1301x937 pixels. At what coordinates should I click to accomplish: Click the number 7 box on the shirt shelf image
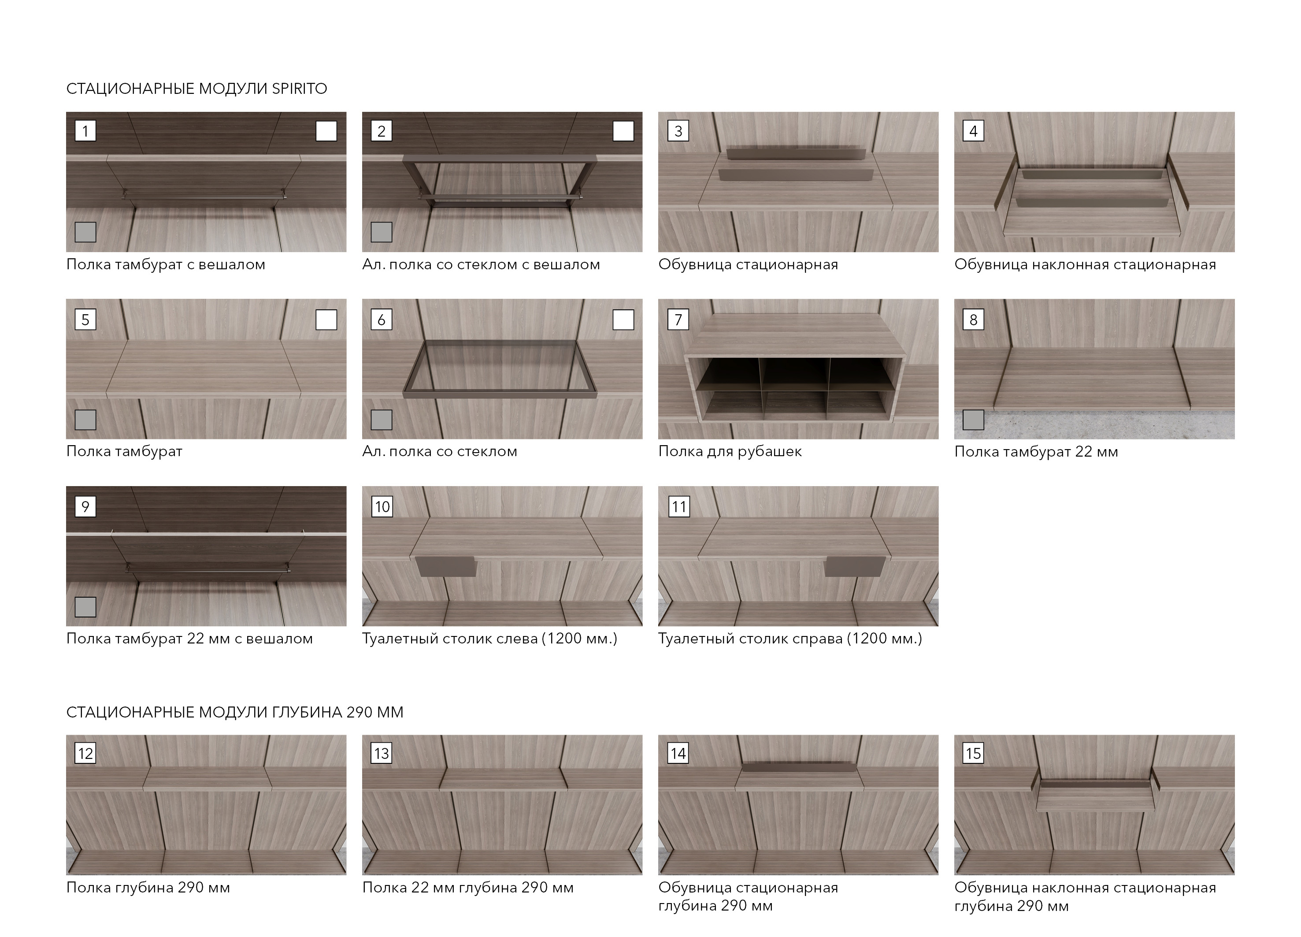[x=678, y=320]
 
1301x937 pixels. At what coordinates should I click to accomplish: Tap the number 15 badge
[x=974, y=753]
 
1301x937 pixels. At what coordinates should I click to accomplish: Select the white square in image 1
[x=326, y=131]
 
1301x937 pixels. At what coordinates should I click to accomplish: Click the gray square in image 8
[x=974, y=420]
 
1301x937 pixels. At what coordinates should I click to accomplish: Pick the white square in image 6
[x=623, y=320]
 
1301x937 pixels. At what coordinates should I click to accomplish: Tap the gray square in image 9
[x=85, y=607]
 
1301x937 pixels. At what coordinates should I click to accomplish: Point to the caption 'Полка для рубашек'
[x=730, y=452]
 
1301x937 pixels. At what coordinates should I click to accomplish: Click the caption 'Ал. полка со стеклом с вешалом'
[x=481, y=264]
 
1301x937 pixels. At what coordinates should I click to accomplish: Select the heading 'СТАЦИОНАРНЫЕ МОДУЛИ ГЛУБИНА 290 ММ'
[x=235, y=712]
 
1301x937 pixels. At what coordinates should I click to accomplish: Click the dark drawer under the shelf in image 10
[x=446, y=566]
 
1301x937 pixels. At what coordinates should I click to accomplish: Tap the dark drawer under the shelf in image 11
[x=855, y=566]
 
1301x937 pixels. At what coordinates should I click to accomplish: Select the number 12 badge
[x=85, y=753]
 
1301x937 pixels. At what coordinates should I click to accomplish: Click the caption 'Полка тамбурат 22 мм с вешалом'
[x=190, y=639]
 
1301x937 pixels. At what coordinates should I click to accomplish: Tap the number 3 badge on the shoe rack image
[x=678, y=131]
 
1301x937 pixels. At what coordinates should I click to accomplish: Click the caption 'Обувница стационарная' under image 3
[x=748, y=264]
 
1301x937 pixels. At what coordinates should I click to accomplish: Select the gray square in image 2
[x=382, y=232]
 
